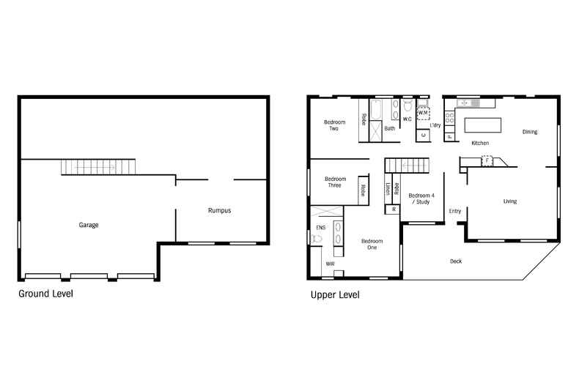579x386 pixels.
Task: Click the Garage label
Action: pyautogui.click(x=89, y=225)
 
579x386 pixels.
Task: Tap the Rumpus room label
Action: pyautogui.click(x=219, y=210)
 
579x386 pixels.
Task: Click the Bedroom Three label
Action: pyautogui.click(x=335, y=182)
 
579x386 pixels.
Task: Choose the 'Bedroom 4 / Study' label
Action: pyautogui.click(x=421, y=198)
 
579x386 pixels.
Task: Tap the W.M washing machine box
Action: pyautogui.click(x=423, y=113)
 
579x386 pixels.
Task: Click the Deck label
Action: pyautogui.click(x=456, y=261)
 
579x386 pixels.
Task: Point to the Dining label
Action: pyautogui.click(x=529, y=132)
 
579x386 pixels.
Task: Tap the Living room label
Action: pyautogui.click(x=510, y=201)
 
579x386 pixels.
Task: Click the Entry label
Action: pyautogui.click(x=455, y=212)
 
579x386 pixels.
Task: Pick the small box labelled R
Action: pyautogui.click(x=394, y=209)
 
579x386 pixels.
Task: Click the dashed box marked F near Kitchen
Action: pyautogui.click(x=485, y=160)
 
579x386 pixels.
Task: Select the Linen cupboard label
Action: pyautogui.click(x=387, y=189)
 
